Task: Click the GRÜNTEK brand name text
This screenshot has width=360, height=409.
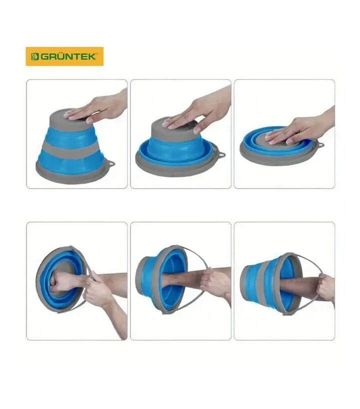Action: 68,56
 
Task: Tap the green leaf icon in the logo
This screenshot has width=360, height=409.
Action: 34,56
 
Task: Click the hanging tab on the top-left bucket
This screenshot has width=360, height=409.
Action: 111,163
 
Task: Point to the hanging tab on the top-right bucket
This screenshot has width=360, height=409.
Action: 320,143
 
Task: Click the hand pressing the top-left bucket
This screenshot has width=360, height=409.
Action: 99,106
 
